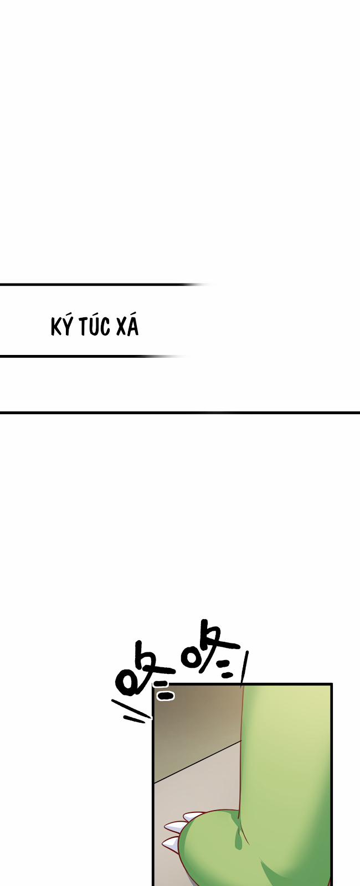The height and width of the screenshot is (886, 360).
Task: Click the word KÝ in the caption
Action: [61, 327]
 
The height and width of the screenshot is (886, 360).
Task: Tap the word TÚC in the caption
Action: [94, 326]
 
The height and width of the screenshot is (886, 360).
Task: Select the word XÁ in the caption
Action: [127, 326]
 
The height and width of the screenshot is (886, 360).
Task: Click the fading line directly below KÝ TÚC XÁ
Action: [83, 356]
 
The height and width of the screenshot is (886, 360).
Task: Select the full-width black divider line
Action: [180, 413]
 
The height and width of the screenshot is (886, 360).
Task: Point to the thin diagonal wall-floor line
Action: [197, 761]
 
